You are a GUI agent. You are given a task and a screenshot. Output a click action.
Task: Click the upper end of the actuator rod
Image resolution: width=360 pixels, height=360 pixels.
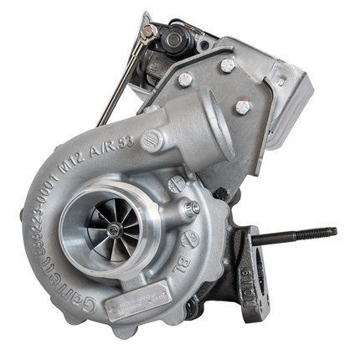(148, 33)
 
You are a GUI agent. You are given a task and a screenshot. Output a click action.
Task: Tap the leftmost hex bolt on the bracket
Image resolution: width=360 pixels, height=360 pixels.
(185, 80)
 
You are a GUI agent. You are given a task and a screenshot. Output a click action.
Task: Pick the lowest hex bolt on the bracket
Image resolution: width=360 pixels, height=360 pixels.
(242, 107)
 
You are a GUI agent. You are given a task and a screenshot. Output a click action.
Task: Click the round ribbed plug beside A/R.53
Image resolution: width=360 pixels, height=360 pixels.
(152, 141)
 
